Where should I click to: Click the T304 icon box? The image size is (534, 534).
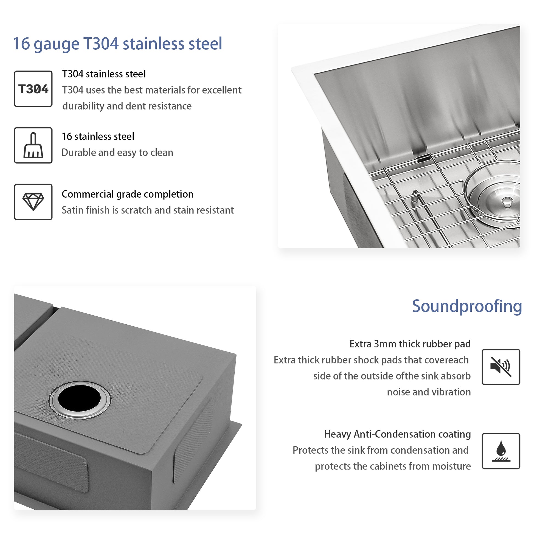pos(33,89)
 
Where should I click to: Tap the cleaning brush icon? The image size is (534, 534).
pos(33,145)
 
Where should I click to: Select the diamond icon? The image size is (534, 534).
pos(33,202)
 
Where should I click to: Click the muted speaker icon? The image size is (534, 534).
pos(501,367)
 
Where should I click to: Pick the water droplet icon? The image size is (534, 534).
pos(501,451)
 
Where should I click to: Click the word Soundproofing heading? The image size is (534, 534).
pos(466,306)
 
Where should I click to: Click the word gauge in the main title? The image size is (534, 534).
pos(56,44)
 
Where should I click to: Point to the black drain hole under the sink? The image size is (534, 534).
pos(79,398)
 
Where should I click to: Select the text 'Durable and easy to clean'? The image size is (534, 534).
pos(117,153)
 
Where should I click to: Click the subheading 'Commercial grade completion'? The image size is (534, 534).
pos(127,194)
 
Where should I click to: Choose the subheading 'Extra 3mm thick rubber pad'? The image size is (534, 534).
pos(410,344)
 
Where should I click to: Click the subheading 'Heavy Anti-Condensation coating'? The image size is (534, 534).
pos(397,434)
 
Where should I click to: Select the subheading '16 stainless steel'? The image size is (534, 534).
pos(98,137)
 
